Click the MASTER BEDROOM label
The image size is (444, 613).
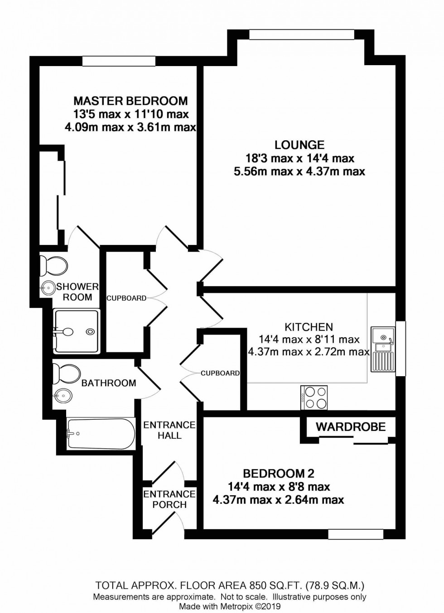pyautogui.click(x=130, y=101)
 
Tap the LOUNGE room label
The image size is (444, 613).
pyautogui.click(x=299, y=145)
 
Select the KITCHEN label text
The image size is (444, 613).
pyautogui.click(x=309, y=327)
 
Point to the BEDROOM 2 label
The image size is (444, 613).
pyautogui.click(x=279, y=474)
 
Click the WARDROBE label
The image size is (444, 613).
pyautogui.click(x=351, y=426)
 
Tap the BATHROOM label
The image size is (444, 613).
pyautogui.click(x=109, y=383)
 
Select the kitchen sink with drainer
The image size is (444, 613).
pyautogui.click(x=382, y=349)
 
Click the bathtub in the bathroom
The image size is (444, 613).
pyautogui.click(x=101, y=434)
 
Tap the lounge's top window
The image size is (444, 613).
pyautogui.click(x=301, y=34)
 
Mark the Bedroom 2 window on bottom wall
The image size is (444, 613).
pyautogui.click(x=352, y=535)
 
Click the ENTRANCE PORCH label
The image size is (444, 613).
pyautogui.click(x=169, y=499)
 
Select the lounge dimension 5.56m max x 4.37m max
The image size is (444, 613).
pyautogui.click(x=299, y=172)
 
